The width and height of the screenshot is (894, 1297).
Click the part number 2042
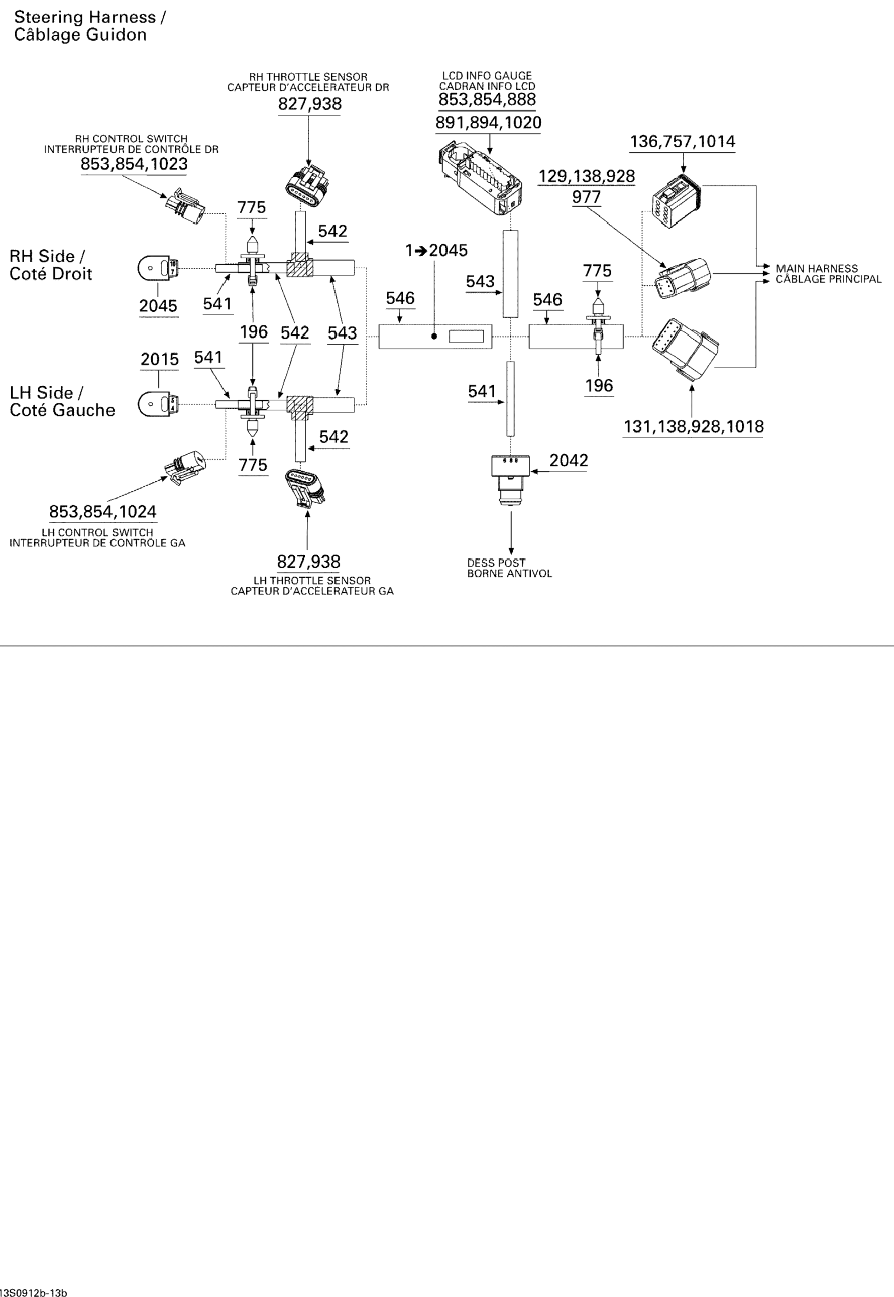(568, 460)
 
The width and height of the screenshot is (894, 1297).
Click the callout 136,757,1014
(682, 142)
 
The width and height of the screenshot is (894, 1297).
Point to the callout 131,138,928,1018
(693, 427)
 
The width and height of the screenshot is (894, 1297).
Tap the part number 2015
(160, 359)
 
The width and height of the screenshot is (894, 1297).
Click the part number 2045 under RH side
(159, 306)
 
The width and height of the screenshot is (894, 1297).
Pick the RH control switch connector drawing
(184, 205)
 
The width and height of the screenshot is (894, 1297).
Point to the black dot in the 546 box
(434, 336)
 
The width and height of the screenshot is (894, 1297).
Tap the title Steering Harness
(90, 17)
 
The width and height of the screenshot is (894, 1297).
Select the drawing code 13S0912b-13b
(34, 1291)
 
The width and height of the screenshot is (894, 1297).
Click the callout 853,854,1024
(102, 511)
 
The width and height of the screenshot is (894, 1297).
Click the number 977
(587, 197)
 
